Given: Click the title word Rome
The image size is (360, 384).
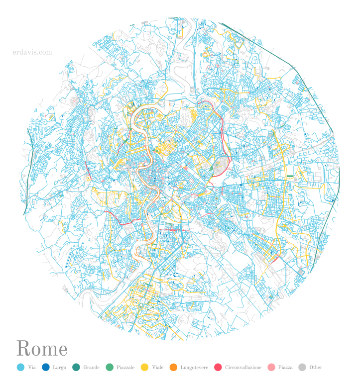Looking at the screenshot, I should [42, 349].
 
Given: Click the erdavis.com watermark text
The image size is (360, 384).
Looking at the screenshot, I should [32, 52].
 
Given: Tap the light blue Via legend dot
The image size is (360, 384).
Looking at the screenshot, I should [20, 368].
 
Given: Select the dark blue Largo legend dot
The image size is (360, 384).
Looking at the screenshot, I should [46, 368].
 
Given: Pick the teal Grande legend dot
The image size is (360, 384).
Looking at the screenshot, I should [76, 368].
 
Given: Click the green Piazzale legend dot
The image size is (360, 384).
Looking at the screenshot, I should [109, 368].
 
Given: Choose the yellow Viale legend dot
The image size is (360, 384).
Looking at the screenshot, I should [144, 368].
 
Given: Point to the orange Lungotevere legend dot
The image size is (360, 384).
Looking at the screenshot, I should [173, 368].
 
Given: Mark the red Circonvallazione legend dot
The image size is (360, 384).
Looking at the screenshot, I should [218, 368].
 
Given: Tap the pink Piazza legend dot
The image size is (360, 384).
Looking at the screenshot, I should [271, 368].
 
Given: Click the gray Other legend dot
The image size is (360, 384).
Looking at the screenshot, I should [302, 368].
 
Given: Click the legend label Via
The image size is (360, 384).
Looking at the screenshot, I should [32, 368].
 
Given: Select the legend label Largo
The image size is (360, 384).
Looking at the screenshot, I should [59, 368].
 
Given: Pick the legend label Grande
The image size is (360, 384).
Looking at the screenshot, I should [91, 368].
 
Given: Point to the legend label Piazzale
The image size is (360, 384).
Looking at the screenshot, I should [125, 368].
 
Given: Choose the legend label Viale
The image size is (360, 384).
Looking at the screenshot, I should [158, 368].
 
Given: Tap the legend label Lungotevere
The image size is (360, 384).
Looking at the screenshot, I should [194, 368].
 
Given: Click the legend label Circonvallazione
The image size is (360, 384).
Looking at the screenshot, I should [243, 368].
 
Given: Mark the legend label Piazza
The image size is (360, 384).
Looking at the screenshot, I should [285, 368].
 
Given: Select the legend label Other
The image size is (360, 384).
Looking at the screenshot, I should [316, 368].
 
